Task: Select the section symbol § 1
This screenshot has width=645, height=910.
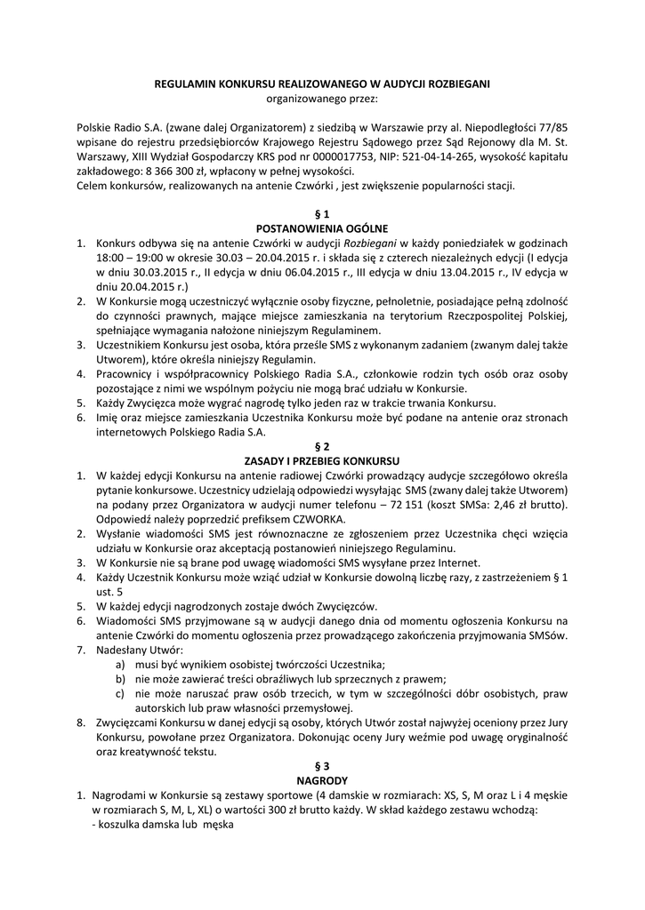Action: tap(322, 214)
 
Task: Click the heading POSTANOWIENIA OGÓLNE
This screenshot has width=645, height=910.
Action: tap(322, 228)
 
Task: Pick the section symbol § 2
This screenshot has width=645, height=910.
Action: tap(322, 445)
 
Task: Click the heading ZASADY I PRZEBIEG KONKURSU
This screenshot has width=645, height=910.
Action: tap(322, 460)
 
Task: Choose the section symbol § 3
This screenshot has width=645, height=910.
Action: tap(322, 765)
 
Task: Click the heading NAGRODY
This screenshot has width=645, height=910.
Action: tap(322, 780)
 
